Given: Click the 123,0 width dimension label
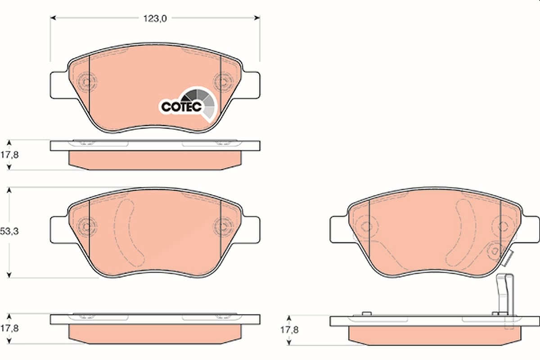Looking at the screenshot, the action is click(x=155, y=18).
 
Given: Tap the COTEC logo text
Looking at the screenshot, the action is click(x=181, y=107).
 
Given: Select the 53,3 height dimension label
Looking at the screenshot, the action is click(x=9, y=231).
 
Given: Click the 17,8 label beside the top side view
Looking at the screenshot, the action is click(x=9, y=155).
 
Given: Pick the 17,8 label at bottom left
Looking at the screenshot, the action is click(x=9, y=328).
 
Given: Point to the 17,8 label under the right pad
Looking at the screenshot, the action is click(x=289, y=330).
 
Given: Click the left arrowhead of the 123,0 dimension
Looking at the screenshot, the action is click(x=53, y=18).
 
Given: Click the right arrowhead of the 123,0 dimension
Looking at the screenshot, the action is click(x=257, y=18).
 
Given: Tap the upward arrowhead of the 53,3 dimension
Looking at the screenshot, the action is click(x=9, y=190).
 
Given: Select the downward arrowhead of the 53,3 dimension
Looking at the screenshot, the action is click(x=9, y=275).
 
